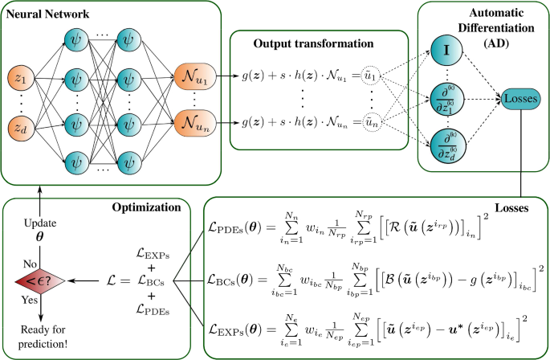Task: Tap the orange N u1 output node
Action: point(195,80)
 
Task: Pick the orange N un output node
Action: point(195,124)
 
